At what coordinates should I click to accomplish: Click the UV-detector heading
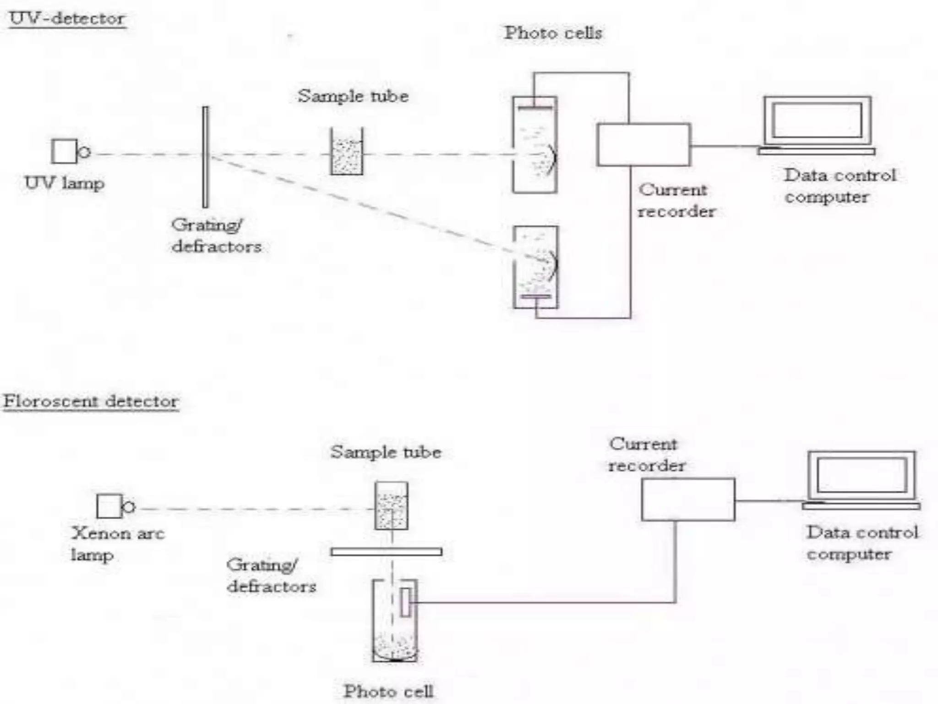point(67,19)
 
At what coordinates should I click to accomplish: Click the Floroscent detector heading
point(91,401)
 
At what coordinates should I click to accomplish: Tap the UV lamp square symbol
point(64,151)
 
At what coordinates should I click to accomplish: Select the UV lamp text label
point(65,183)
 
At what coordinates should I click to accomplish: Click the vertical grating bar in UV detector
point(205,157)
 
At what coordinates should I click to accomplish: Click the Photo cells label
point(553,33)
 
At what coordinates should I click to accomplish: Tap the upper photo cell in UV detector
point(534,145)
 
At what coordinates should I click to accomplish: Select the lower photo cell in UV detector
point(535,267)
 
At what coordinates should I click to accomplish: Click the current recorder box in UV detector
point(644,145)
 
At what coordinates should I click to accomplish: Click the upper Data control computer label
point(840,186)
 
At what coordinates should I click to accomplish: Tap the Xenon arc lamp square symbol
point(109,506)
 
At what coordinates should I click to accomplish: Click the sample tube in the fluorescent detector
point(391,506)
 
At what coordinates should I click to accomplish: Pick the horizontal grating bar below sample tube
point(386,552)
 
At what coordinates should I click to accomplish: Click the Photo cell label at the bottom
point(388,691)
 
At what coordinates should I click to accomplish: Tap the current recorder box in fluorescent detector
point(688,500)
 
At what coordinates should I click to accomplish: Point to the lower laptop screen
point(862,475)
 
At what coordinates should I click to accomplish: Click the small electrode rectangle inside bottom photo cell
point(405,602)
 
